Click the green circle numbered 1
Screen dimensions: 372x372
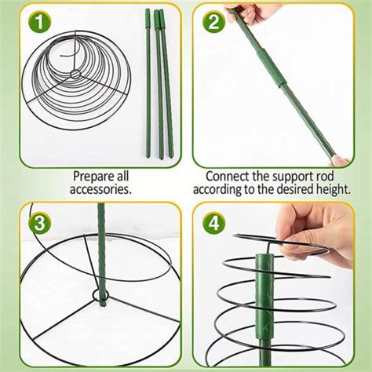40,22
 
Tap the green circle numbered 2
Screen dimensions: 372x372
213,22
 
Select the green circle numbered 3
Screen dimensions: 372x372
40,224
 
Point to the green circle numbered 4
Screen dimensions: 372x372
213,224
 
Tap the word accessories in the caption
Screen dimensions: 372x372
100,189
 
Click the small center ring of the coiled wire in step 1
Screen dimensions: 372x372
75,74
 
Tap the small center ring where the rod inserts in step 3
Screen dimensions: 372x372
100,295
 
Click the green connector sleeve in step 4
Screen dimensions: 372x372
264,297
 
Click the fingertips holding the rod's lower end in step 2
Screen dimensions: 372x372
340,161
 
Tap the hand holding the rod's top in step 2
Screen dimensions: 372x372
250,13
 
